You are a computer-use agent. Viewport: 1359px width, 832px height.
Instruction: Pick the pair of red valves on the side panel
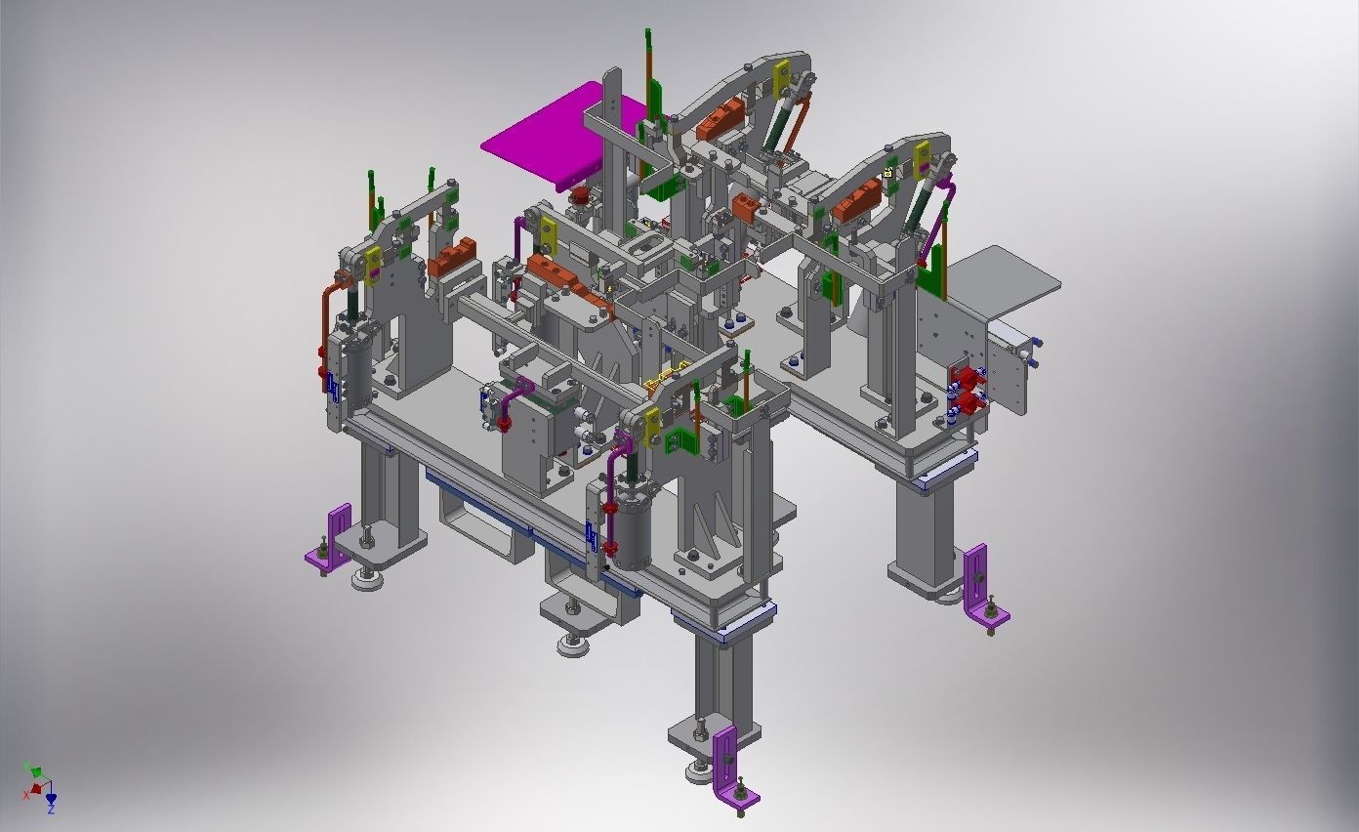click(x=966, y=389)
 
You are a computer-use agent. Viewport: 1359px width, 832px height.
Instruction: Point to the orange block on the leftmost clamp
click(x=453, y=259)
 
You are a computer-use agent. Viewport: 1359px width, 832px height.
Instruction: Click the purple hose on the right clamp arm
click(x=934, y=220)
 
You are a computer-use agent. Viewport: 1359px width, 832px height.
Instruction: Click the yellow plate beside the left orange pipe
click(x=372, y=263)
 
